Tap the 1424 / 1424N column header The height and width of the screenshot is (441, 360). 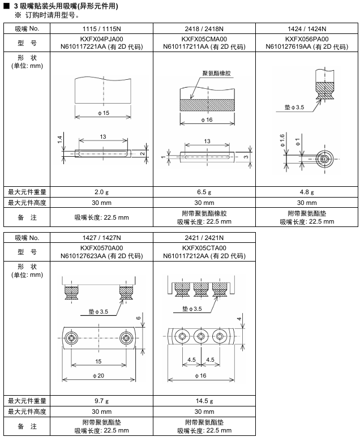[x=307, y=28]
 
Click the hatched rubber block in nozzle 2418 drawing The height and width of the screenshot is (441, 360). [x=207, y=105]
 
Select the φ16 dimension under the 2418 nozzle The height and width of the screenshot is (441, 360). [x=206, y=120]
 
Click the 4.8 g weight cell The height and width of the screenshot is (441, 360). [x=307, y=191]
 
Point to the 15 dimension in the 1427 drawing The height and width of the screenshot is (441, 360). [x=98, y=361]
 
